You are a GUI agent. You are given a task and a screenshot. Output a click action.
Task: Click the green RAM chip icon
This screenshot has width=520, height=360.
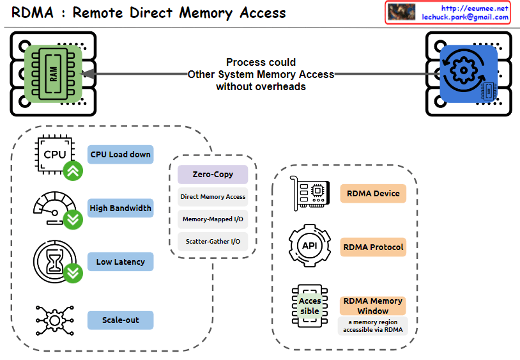pos(56,74)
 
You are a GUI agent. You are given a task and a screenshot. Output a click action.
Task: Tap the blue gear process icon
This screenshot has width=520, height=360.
pos(468,74)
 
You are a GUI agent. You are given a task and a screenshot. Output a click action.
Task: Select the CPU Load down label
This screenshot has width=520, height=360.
pos(121,154)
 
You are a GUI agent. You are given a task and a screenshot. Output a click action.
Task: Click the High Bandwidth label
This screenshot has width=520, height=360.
pos(121,208)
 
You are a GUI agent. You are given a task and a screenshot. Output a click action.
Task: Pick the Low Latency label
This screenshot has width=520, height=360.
pos(121,262)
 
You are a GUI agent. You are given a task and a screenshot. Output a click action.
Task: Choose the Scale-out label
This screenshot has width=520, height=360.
pos(121,320)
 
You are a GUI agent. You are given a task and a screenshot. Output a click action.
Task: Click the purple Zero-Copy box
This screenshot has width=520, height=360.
pos(213,175)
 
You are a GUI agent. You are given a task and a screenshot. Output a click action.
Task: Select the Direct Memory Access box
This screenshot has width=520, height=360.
pos(213,197)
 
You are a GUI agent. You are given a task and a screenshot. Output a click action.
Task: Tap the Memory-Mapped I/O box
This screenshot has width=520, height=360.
pos(213,219)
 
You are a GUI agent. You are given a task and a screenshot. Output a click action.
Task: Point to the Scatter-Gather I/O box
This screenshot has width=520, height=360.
pos(213,242)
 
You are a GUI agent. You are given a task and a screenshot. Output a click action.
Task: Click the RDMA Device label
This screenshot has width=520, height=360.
pos(373,193)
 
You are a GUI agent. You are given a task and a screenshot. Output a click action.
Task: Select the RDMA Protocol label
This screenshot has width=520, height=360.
pos(373,247)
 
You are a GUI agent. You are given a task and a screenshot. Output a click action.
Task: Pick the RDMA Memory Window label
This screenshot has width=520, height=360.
pos(373,306)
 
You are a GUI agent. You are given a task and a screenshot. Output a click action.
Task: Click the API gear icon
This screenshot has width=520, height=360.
pos(310,246)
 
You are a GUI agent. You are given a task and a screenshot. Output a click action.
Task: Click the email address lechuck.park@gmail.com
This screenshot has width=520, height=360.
pos(465,17)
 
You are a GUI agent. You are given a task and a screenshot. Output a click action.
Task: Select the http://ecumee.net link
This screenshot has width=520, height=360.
pos(475,8)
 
